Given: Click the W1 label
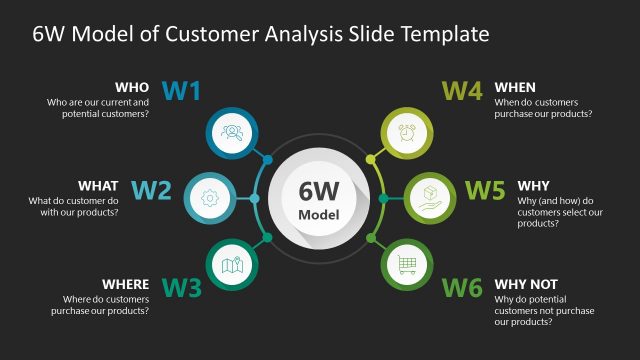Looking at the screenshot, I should tap(181, 92).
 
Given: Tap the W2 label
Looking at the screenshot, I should tap(152, 189).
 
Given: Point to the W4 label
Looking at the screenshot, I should tap(462, 92).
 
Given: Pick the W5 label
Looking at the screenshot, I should tap(485, 189).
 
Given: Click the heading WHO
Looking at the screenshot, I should tap(133, 87).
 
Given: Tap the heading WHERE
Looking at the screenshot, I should tap(126, 284).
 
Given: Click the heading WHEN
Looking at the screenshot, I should tap(515, 87).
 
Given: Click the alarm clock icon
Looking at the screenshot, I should tap(406, 132).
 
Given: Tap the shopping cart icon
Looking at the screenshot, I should tap(406, 264).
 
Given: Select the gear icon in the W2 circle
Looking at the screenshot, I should tap(210, 198).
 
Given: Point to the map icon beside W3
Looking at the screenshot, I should tap(232, 265).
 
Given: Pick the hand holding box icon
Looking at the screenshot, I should tap(430, 197).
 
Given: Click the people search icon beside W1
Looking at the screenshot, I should tap(232, 132).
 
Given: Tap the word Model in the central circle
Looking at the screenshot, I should tap(319, 215).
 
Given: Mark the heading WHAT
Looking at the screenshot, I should tap(98, 185).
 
